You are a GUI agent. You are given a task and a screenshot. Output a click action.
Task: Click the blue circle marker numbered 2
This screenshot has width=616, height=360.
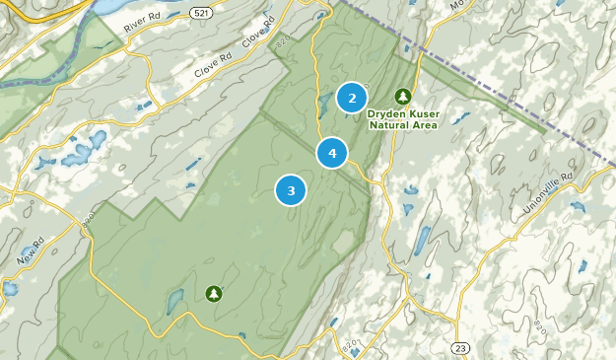(x=352, y=98)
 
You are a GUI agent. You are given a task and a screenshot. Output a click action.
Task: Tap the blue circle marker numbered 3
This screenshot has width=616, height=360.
(x=291, y=190)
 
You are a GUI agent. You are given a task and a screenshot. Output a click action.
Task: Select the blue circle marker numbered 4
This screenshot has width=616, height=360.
(x=332, y=153)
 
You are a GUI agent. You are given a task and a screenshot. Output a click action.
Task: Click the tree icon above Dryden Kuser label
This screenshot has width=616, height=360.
(x=402, y=96)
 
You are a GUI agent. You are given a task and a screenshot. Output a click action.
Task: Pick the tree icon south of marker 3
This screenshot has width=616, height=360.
(x=214, y=293)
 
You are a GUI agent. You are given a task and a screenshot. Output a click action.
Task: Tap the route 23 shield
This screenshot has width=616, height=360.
(x=460, y=347)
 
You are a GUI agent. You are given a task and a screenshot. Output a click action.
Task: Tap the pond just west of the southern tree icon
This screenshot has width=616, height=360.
(x=175, y=302)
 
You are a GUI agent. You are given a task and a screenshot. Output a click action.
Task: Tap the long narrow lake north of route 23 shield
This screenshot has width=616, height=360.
(x=422, y=240)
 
